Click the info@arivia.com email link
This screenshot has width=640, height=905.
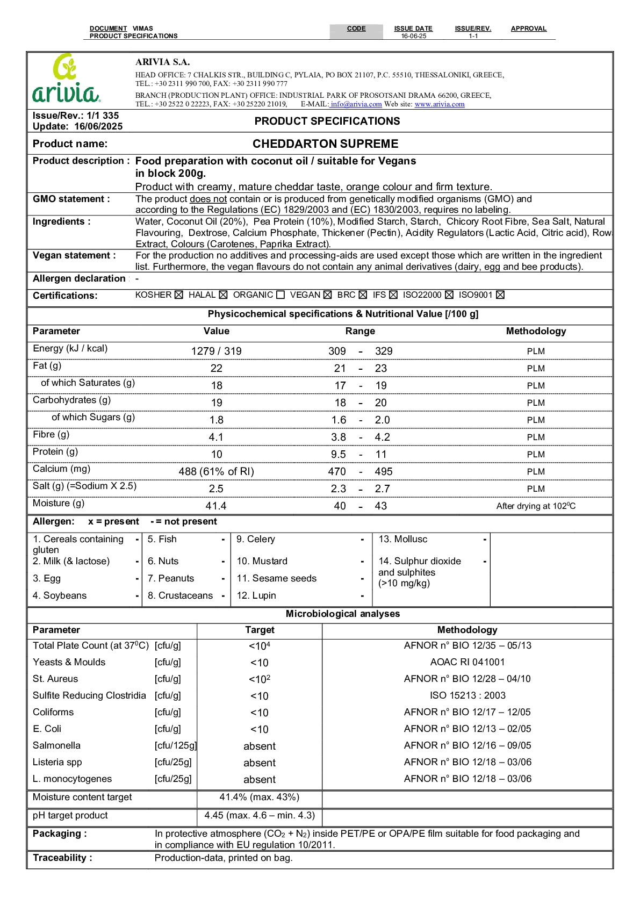(x=356, y=104)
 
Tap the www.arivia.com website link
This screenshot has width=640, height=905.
(x=439, y=104)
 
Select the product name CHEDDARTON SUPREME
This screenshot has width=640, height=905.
(x=325, y=144)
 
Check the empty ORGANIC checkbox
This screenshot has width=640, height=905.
(x=281, y=295)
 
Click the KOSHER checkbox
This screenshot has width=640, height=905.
(x=179, y=295)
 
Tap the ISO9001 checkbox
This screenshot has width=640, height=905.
(x=500, y=295)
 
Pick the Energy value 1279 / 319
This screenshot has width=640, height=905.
(x=216, y=351)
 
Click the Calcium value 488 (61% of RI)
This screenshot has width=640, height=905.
(x=216, y=471)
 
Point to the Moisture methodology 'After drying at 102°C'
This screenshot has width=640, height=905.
(x=536, y=506)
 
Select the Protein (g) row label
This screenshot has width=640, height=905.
(x=55, y=452)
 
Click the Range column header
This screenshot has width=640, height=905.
(x=360, y=331)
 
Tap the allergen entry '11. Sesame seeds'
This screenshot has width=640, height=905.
(x=277, y=578)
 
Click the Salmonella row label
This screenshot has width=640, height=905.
(x=56, y=745)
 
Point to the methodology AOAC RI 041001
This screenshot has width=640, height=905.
(x=468, y=662)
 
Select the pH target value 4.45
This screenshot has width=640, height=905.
(x=260, y=815)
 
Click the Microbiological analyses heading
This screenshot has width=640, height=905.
(x=343, y=614)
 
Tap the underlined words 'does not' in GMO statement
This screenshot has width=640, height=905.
(x=208, y=199)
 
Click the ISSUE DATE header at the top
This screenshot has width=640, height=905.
(x=413, y=28)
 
